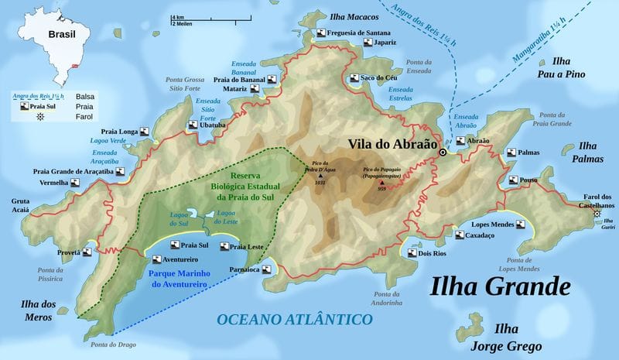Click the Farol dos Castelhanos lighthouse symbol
click(597, 213)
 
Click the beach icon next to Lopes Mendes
click(522, 225)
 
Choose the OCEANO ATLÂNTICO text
click(296, 318)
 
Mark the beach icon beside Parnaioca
click(266, 270)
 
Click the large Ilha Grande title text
click(501, 287)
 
